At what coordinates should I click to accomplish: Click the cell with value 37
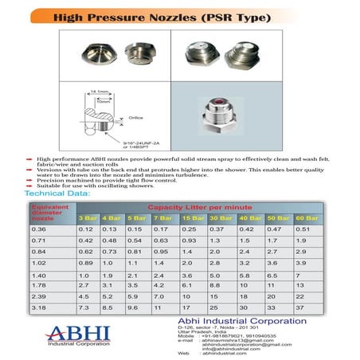tap(300, 307)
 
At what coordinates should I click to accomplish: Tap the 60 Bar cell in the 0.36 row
tap(302, 229)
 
